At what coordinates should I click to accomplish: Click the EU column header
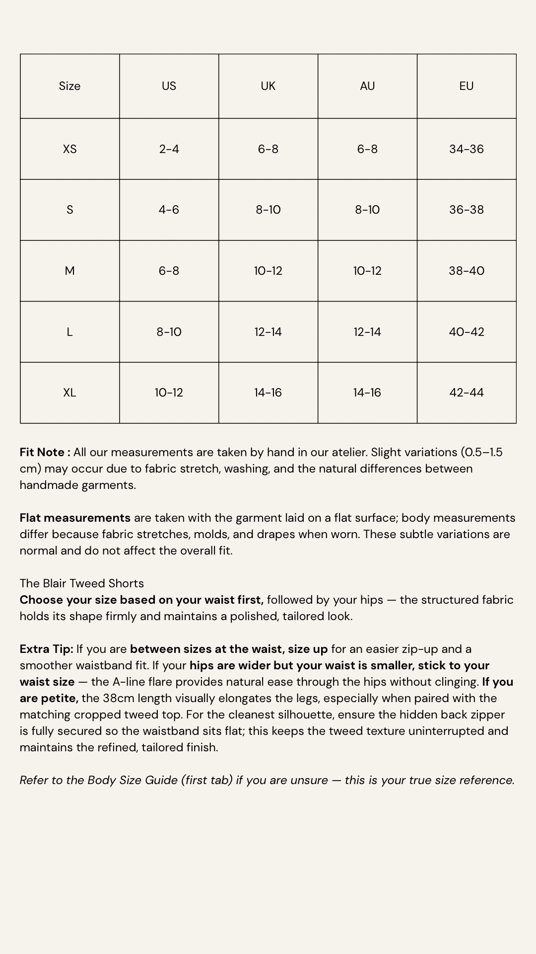tap(466, 86)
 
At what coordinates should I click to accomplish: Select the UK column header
tap(268, 86)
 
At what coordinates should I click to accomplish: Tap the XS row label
tap(69, 149)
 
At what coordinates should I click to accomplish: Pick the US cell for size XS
tap(169, 149)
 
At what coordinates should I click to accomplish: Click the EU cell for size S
tap(466, 210)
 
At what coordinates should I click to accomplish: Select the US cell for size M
tap(169, 271)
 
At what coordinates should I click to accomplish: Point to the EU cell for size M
tap(466, 271)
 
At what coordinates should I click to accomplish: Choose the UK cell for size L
tap(268, 332)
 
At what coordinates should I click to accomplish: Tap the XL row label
tap(69, 393)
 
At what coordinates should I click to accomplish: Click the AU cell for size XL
tap(367, 393)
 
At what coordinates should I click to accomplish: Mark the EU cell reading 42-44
tap(466, 393)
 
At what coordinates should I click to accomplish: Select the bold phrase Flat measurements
tap(75, 518)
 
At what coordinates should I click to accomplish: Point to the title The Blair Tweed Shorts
tap(82, 583)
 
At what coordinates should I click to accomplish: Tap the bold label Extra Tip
tap(46, 649)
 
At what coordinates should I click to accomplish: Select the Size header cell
tap(69, 86)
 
